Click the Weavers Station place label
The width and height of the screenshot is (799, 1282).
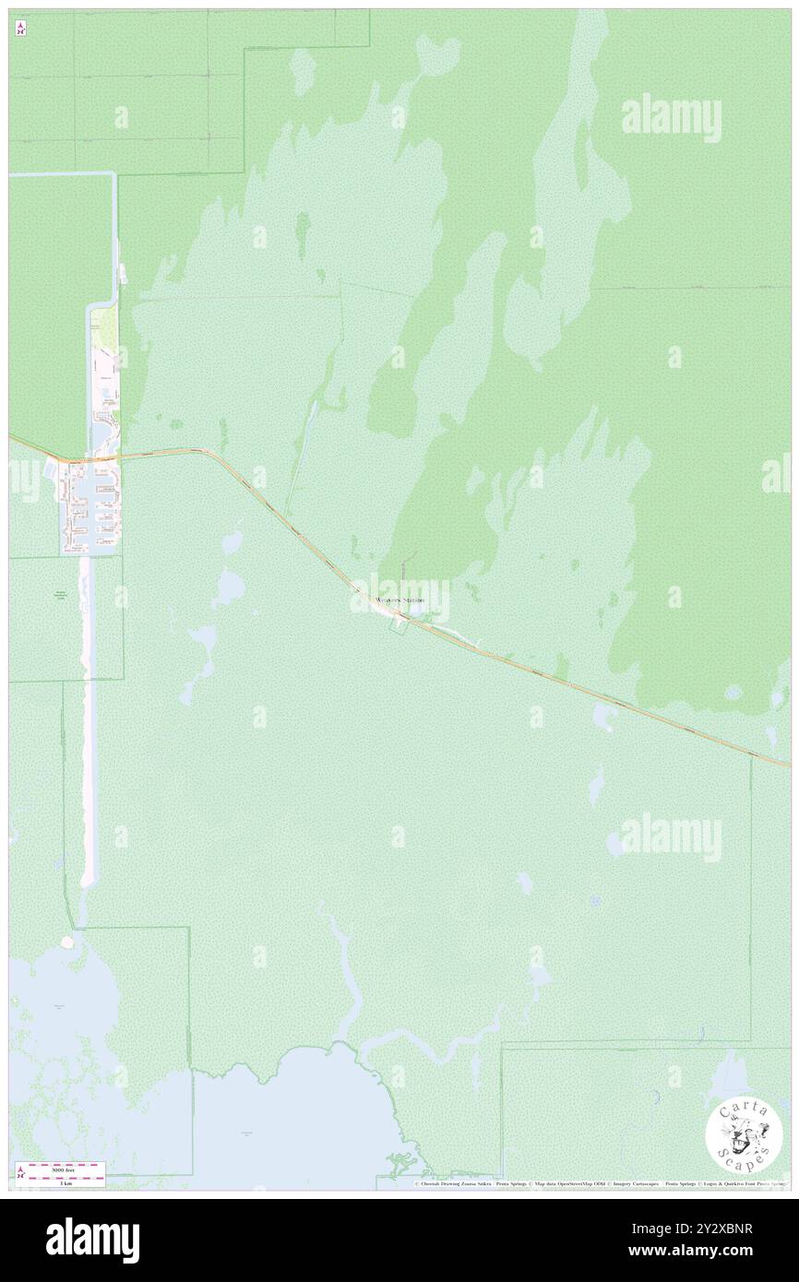click(400, 600)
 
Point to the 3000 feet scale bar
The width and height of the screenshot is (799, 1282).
click(61, 1168)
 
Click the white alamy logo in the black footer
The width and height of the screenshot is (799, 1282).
click(92, 1240)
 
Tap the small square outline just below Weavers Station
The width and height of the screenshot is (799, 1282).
click(399, 626)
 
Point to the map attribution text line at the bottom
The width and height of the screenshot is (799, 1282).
click(600, 1183)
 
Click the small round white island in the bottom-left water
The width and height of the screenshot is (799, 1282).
click(66, 943)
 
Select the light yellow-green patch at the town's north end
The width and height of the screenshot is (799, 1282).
click(104, 323)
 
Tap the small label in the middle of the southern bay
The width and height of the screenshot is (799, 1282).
click(246, 1132)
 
